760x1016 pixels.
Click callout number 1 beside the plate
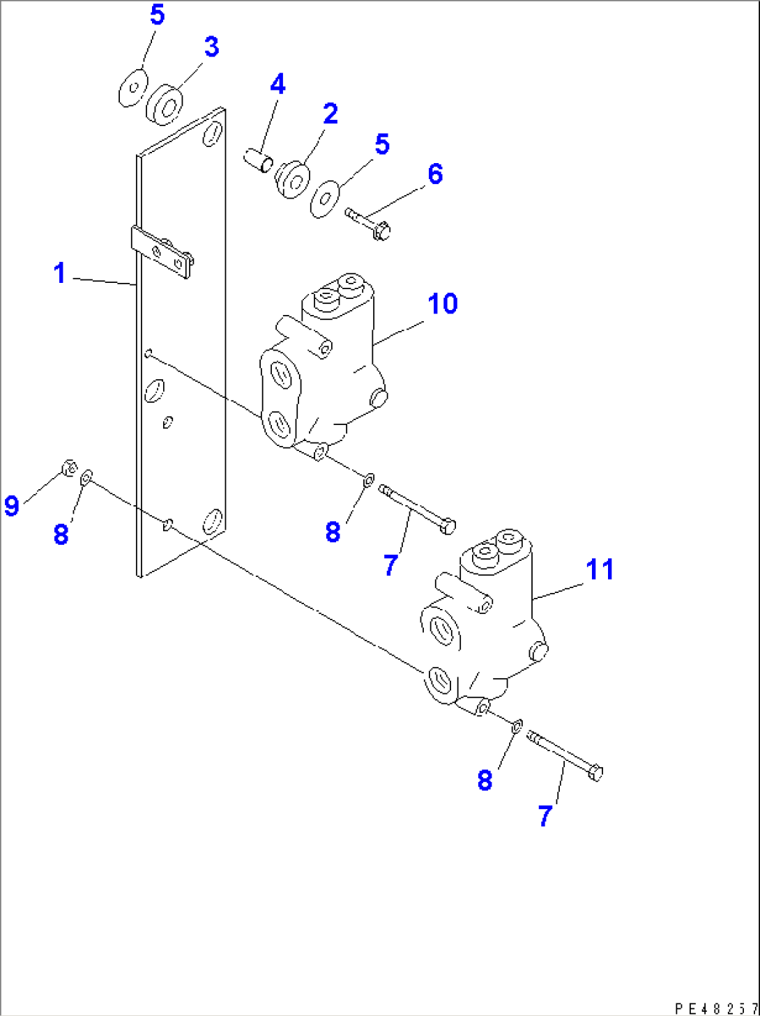tap(60, 273)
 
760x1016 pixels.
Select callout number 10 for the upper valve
tap(443, 304)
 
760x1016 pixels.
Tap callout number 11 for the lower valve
tap(600, 569)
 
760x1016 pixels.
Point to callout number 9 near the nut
tap(11, 505)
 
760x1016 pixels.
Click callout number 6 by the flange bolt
tap(435, 174)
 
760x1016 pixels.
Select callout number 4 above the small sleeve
tap(278, 84)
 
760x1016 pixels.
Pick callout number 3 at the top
tap(211, 47)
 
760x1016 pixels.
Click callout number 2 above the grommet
tap(330, 114)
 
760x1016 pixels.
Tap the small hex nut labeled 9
tap(69, 468)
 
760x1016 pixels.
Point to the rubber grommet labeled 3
tap(165, 105)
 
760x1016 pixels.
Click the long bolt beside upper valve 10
tap(417, 509)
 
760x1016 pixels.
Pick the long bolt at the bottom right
tap(565, 755)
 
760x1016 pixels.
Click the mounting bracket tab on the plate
tap(162, 253)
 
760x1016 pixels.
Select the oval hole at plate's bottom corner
tap(211, 521)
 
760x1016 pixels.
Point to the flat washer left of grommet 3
tap(131, 88)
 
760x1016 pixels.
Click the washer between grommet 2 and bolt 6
tap(324, 199)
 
